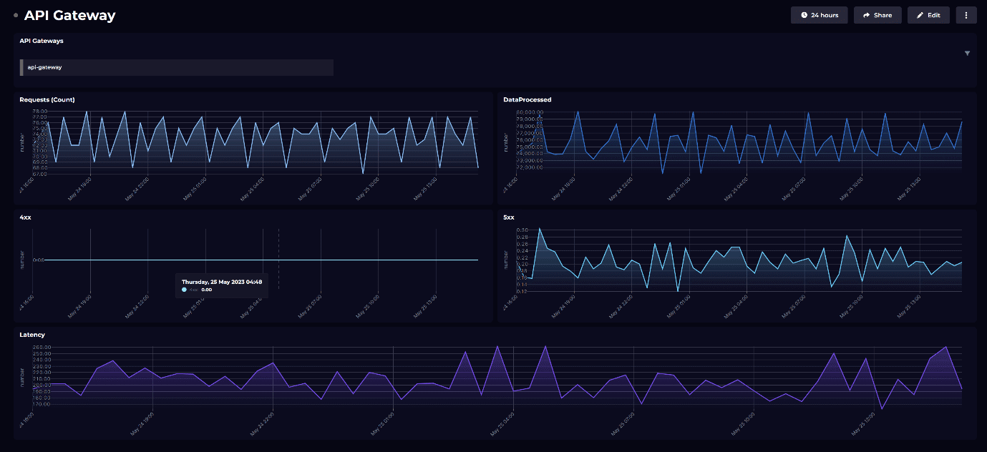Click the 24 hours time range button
point(819,15)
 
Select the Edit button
point(928,15)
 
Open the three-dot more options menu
point(966,15)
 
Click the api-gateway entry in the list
point(177,67)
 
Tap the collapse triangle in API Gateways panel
point(967,53)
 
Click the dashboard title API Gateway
point(69,15)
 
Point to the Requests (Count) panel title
point(47,99)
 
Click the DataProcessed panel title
point(527,99)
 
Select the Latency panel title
point(32,335)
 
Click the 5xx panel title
point(509,217)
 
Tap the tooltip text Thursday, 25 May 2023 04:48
point(222,282)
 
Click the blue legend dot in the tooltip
point(185,290)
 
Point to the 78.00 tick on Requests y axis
point(39,112)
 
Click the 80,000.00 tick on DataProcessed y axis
point(530,112)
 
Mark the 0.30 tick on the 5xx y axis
point(522,230)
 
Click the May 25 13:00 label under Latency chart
point(864,425)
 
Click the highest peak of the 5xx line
point(539,229)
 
